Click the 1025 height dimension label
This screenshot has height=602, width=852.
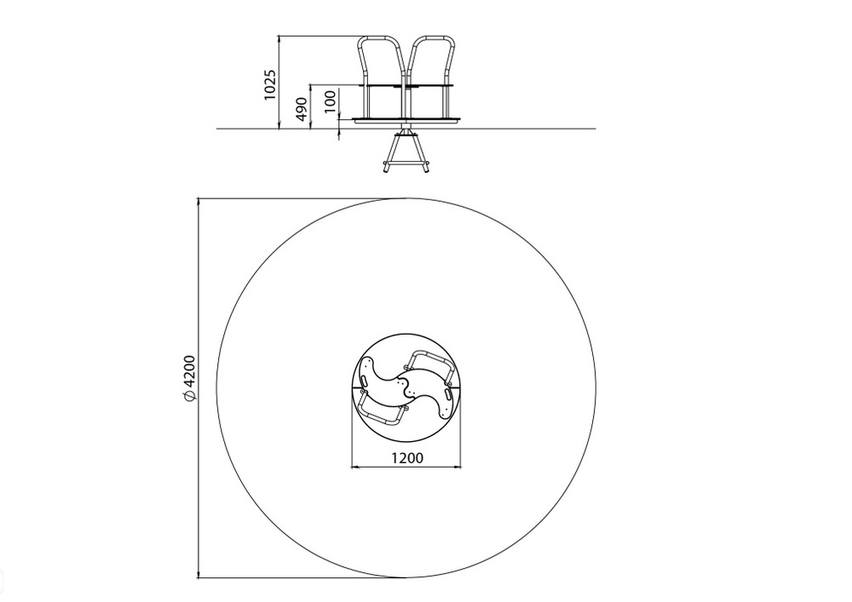270,84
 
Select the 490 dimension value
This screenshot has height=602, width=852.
302,109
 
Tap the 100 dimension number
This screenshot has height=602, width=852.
330,101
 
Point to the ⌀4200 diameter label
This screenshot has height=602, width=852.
189,378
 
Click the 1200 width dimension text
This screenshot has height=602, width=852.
407,457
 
